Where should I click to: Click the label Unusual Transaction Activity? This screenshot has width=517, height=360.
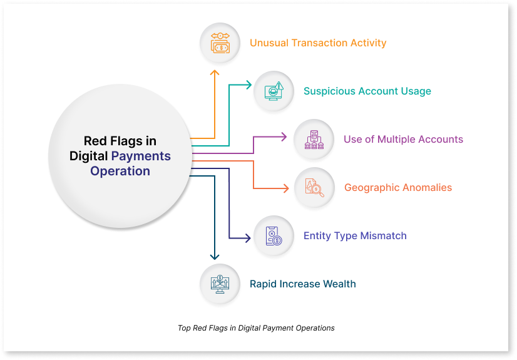pos(318,43)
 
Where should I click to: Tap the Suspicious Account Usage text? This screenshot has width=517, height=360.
pos(367,91)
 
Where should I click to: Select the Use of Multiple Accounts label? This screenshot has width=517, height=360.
pos(403,139)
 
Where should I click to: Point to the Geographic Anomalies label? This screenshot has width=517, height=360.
pos(398,188)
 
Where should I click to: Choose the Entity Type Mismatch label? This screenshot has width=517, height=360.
pos(355,235)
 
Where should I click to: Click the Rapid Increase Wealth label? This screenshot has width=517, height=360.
pos(303,284)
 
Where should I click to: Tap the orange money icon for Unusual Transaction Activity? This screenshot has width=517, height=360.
pos(220,43)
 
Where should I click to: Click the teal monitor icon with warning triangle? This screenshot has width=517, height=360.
pos(274,91)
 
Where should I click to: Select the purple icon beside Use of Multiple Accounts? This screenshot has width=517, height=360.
pos(314,140)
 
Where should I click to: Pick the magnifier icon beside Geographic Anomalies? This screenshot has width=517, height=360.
pos(314,188)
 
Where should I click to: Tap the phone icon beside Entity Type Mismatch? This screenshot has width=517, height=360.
pos(274,235)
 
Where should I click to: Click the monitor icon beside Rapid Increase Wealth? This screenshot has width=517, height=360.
pos(220,284)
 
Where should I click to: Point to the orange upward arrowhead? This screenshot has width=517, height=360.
pos(215,73)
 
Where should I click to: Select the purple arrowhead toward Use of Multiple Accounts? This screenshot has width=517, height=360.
pos(284,136)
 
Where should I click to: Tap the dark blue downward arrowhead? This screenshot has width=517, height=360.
pos(215,257)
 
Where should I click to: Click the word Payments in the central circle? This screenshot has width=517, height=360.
pos(141,157)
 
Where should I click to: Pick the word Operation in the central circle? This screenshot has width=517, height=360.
pos(120,171)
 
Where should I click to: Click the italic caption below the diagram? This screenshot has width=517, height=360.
pos(256,328)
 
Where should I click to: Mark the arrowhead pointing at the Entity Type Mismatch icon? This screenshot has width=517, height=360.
pos(248,238)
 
